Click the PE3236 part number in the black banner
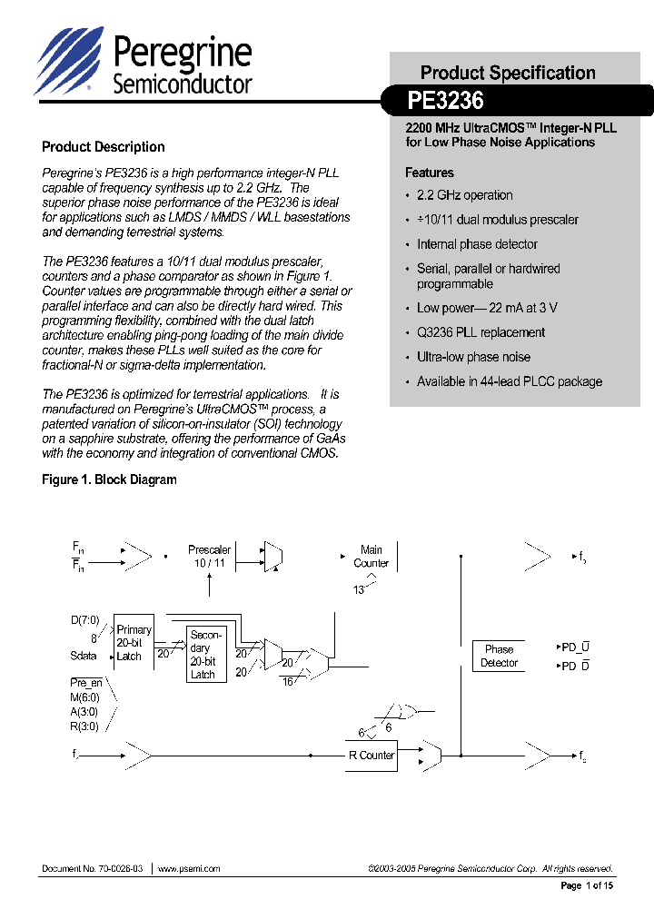(445, 100)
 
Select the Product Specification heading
(508, 73)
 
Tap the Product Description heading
(104, 147)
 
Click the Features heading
(429, 173)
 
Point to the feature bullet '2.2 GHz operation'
(464, 195)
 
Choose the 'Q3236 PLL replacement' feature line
(481, 332)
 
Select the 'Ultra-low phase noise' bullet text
(473, 357)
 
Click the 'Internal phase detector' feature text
(477, 244)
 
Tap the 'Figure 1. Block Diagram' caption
(109, 479)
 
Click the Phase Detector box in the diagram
(499, 656)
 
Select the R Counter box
(371, 756)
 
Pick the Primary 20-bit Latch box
(134, 643)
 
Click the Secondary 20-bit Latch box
(203, 655)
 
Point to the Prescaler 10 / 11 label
(209, 557)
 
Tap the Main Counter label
(371, 557)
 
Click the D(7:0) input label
(84, 620)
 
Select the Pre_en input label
(86, 682)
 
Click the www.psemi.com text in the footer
(189, 869)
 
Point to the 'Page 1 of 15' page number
(587, 885)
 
